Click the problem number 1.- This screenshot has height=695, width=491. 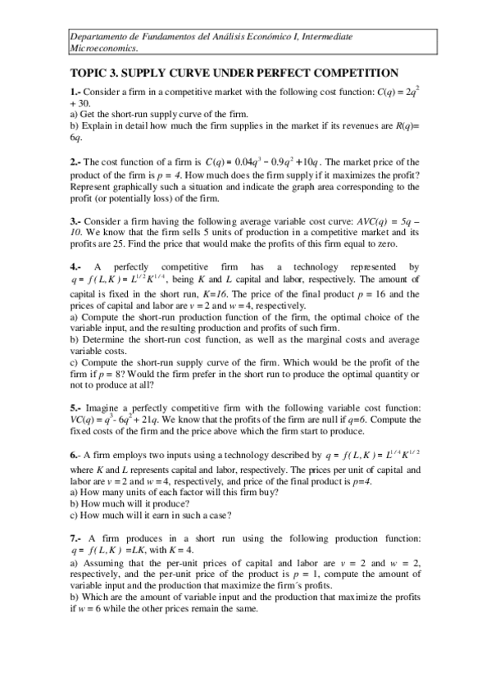(x=75, y=93)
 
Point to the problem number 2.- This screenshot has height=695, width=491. (x=75, y=161)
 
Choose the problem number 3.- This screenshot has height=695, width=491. (x=75, y=220)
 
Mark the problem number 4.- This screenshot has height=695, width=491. (x=75, y=267)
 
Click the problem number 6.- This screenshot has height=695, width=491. (x=75, y=453)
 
